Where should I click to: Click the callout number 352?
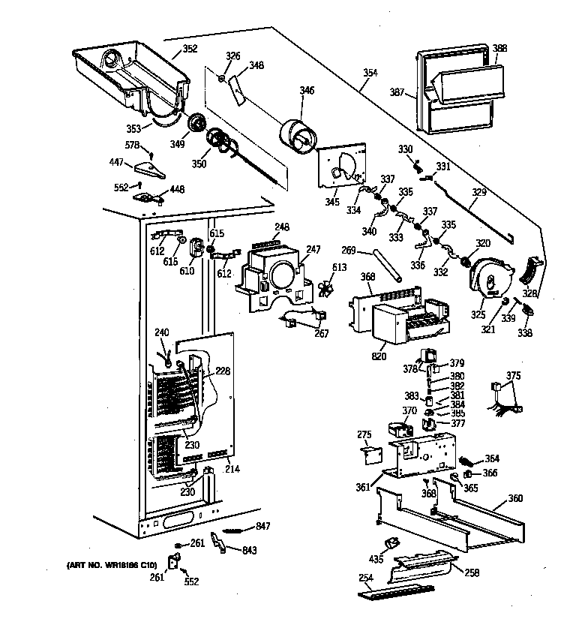click(x=190, y=50)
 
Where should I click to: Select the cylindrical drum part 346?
click(x=298, y=137)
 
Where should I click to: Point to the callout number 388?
click(x=499, y=49)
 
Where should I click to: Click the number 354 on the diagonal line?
click(x=370, y=73)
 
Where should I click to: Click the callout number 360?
click(x=515, y=498)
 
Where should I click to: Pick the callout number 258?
click(x=471, y=572)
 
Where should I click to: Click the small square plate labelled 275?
click(x=370, y=452)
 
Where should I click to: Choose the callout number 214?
click(x=232, y=468)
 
